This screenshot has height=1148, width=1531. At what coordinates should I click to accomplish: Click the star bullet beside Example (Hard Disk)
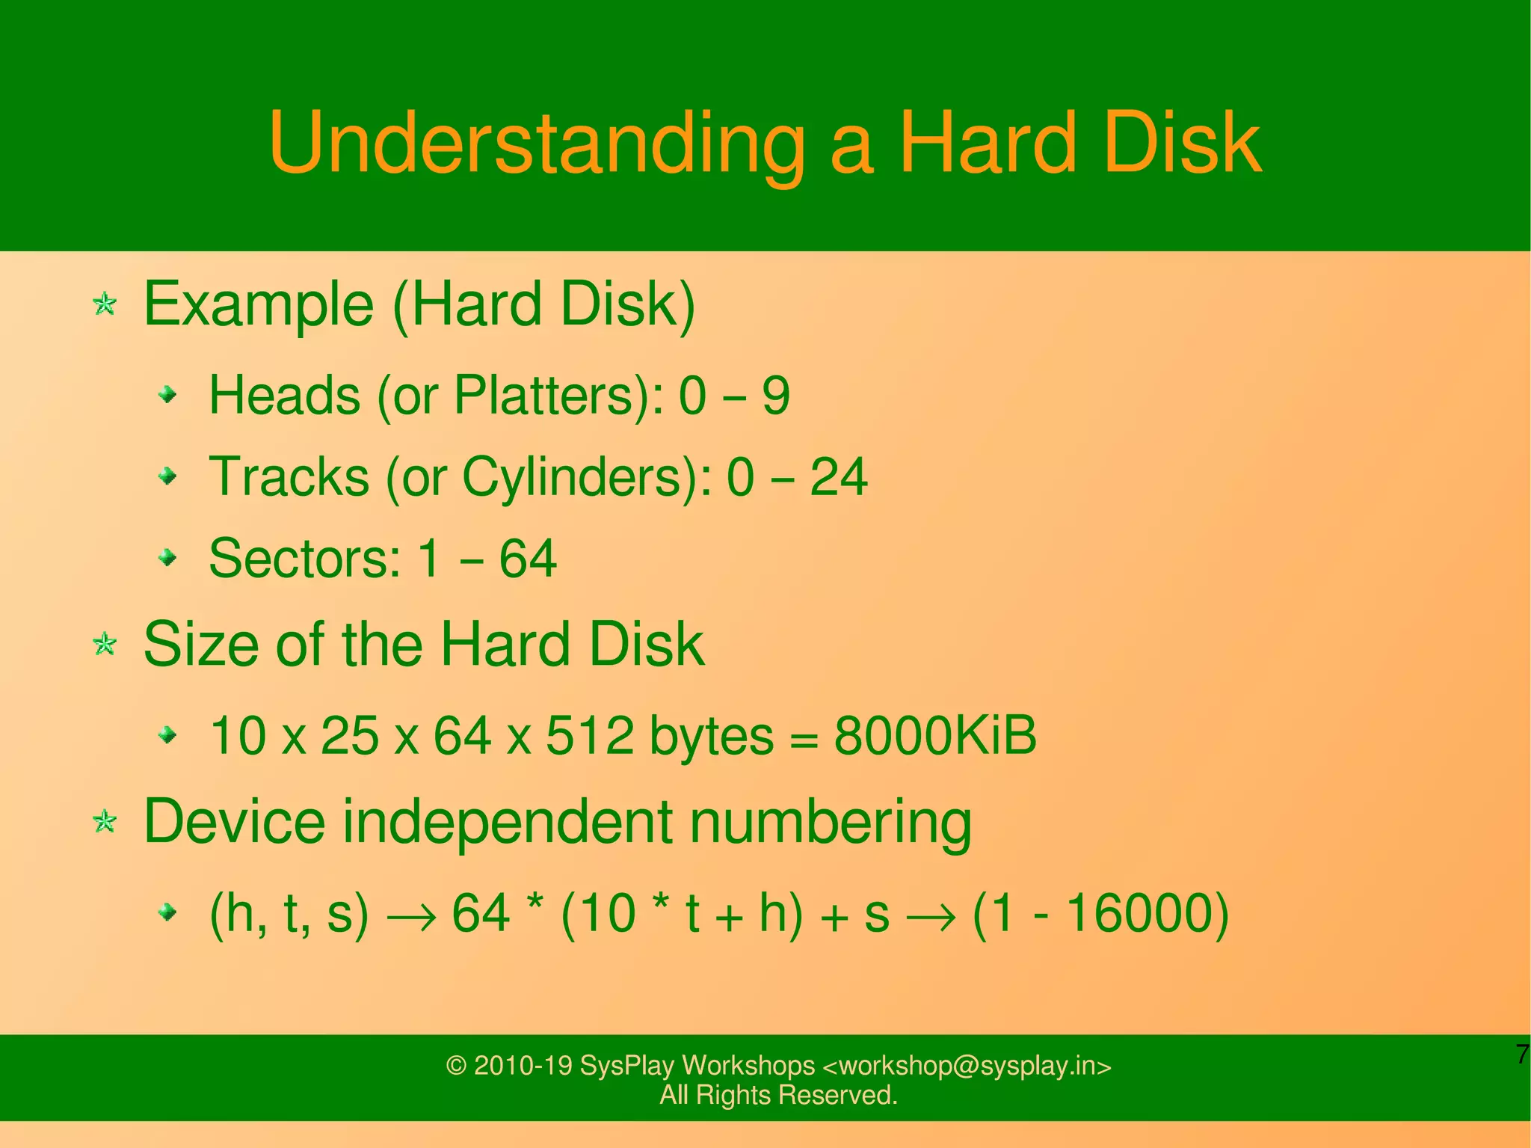pos(105,304)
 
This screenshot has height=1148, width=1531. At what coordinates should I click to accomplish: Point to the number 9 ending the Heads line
pos(775,396)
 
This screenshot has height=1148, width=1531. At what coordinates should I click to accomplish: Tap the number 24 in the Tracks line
pos(838,477)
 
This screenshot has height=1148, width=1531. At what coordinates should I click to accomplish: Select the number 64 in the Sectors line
pos(528,559)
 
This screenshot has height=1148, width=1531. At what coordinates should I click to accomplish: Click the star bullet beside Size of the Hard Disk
pos(105,644)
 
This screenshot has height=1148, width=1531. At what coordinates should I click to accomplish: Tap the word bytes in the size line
pos(711,737)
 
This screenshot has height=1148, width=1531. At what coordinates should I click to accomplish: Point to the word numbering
pos(830,823)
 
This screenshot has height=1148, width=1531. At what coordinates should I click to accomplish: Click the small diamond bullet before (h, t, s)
pos(168,912)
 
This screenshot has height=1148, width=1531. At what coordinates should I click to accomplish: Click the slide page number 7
pos(1522,1054)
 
